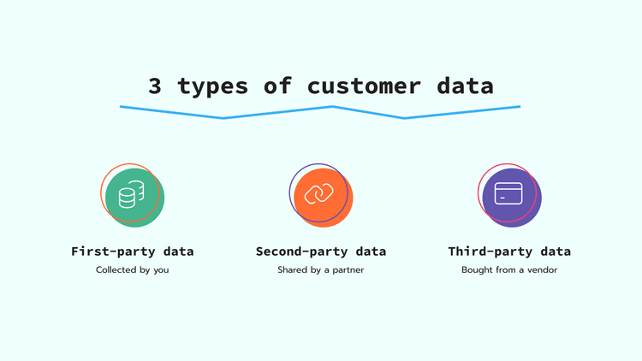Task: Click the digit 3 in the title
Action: coord(154,86)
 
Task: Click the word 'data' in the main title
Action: coord(467,86)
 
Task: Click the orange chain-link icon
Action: coord(321,196)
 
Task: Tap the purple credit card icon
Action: coord(510,196)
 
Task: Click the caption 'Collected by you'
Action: coord(132,270)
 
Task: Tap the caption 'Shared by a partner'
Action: coord(321,270)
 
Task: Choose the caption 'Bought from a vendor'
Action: coord(509,270)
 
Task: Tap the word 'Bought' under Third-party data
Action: coord(476,270)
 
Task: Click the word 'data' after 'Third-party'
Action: coord(556,252)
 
